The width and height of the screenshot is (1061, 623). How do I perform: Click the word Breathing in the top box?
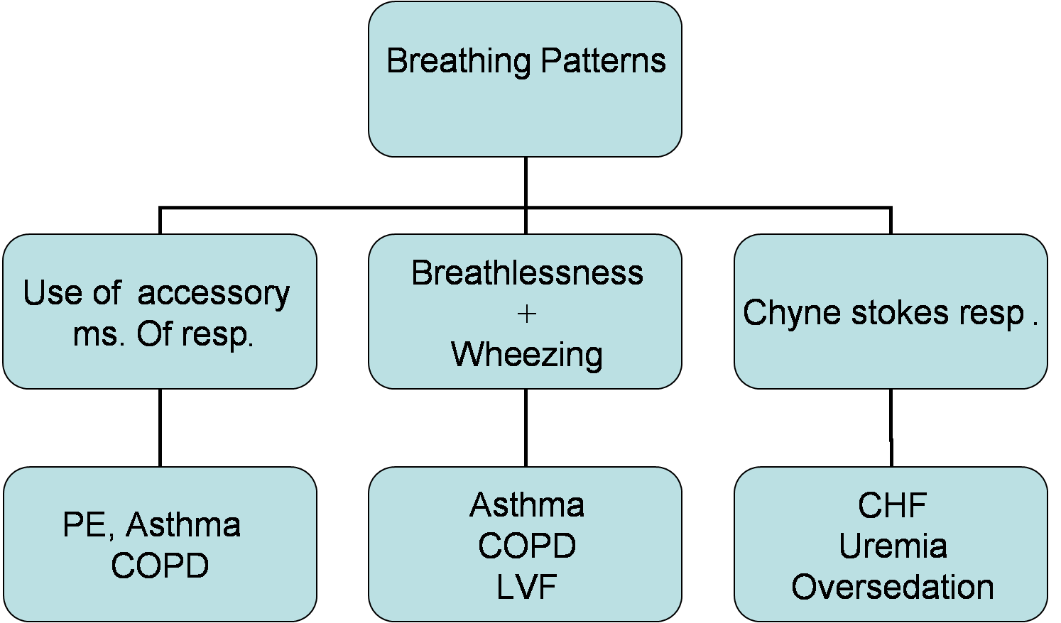pos(458,62)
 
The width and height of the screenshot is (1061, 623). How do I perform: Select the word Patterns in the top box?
pos(603,61)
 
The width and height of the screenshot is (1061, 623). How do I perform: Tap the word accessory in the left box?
pos(213,294)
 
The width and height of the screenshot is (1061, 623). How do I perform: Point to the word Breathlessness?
pos(527,273)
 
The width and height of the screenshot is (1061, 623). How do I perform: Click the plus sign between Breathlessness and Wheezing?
pos(527,314)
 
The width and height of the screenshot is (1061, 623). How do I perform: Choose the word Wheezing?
pos(527,355)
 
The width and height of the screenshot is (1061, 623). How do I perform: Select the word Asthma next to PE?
pos(183,525)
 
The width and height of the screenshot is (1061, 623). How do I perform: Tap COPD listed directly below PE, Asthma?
pos(160,566)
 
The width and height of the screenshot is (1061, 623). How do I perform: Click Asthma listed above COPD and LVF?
pos(527,505)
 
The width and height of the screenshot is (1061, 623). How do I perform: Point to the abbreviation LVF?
pos(526,588)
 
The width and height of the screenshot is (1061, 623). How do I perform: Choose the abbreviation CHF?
pos(892,506)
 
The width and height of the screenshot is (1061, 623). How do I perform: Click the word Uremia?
pos(893,546)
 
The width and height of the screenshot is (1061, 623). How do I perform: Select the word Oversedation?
pos(892,588)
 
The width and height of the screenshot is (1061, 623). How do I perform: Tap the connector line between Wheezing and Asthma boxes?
pos(526,428)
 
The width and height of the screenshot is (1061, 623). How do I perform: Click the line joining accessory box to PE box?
pos(160,428)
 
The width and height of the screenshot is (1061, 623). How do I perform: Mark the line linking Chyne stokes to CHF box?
pos(891,428)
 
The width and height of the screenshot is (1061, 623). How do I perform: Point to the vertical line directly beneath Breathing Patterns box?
pos(526,182)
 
